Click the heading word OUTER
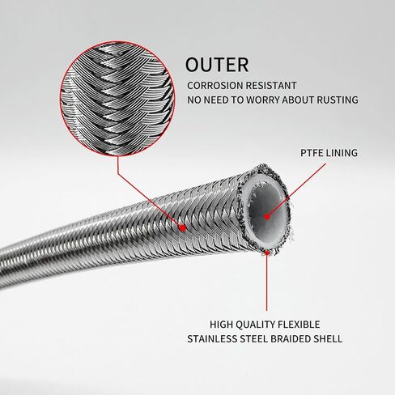pyautogui.click(x=217, y=65)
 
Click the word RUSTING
pyautogui.click(x=338, y=100)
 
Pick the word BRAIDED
pyautogui.click(x=291, y=339)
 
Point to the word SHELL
pyautogui.click(x=328, y=339)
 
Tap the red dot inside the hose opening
pyautogui.click(x=267, y=216)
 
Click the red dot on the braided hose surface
pyautogui.click(x=183, y=228)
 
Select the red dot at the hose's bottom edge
pyautogui.click(x=267, y=253)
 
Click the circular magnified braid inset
pyautogui.click(x=117, y=99)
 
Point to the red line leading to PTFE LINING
pyautogui.click(x=297, y=190)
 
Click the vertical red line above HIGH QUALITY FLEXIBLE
pyautogui.click(x=267, y=282)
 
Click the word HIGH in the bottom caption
pyautogui.click(x=221, y=325)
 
